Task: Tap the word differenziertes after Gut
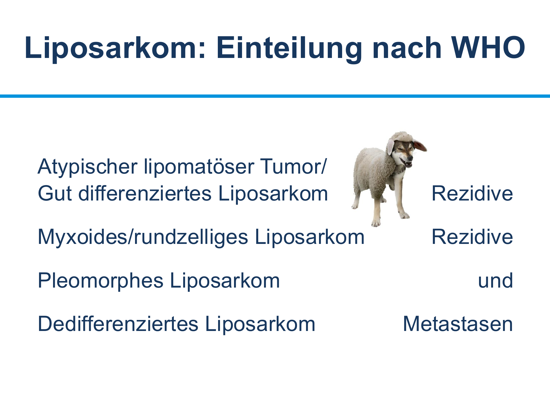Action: tap(145, 193)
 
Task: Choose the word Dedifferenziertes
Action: tap(118, 324)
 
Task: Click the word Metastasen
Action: tap(458, 324)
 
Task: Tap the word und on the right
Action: tap(496, 281)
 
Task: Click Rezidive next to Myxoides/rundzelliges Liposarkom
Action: tap(472, 237)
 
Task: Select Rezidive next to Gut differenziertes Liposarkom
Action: tap(472, 193)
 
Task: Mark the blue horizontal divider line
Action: tap(275, 96)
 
